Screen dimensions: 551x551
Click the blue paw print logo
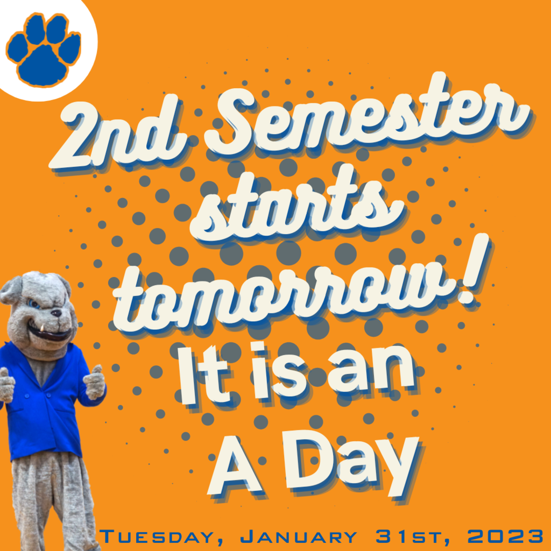click(44, 50)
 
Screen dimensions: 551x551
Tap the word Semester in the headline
click(367, 116)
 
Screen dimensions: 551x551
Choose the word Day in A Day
click(352, 463)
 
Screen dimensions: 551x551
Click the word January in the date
click(298, 536)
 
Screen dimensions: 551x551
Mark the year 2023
click(505, 536)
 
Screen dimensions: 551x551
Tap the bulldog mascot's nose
click(56, 313)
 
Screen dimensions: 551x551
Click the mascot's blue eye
click(34, 303)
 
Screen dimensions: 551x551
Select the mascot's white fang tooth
click(42, 328)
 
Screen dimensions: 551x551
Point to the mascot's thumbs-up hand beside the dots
click(94, 383)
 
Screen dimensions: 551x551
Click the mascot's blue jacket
click(42, 400)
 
